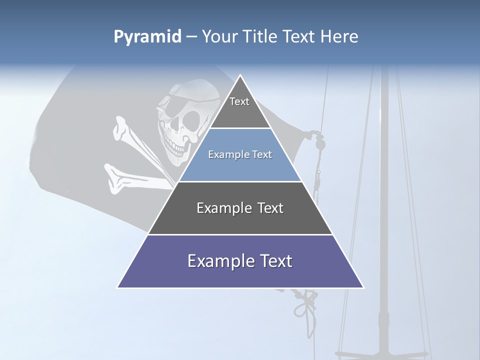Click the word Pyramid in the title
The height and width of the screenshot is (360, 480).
[x=147, y=37]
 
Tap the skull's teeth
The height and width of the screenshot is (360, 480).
[x=175, y=148]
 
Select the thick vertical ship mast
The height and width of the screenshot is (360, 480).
[x=384, y=200]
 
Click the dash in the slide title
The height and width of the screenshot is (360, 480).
[x=191, y=37]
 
